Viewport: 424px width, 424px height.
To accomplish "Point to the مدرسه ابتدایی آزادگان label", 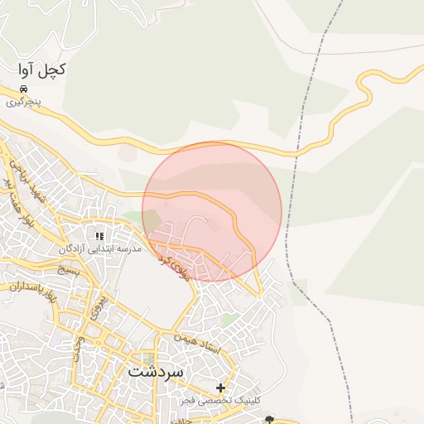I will click(x=101, y=248).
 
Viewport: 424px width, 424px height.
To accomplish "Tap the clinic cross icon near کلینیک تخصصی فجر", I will click(x=220, y=388).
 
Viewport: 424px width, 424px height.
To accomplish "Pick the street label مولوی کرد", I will click(x=175, y=266).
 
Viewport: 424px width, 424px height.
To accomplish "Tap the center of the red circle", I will click(x=212, y=212).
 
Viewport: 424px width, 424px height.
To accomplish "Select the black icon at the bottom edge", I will click(x=268, y=420).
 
